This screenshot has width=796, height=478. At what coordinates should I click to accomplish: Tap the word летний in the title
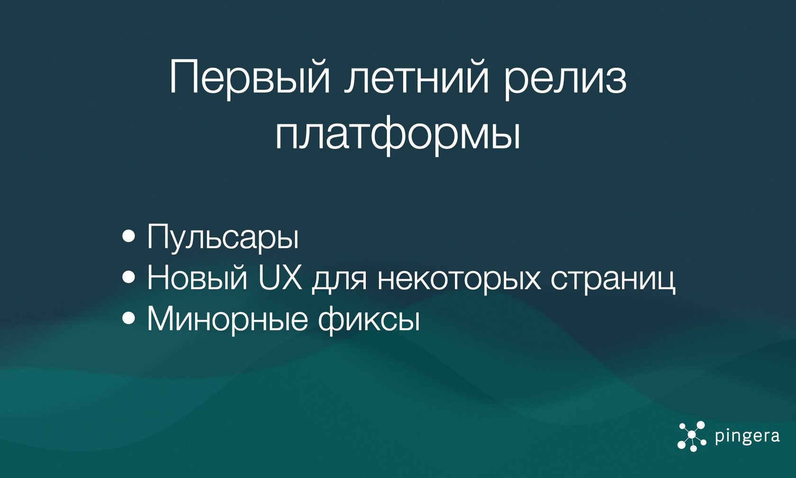(x=416, y=77)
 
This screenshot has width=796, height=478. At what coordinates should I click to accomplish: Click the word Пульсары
(x=223, y=237)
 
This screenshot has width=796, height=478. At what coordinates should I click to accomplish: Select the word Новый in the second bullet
(x=197, y=278)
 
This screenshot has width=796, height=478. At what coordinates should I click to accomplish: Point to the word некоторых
(x=459, y=278)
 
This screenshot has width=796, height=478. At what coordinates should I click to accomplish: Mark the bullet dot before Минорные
(x=128, y=319)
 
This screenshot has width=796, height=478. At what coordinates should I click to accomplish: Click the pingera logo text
(x=747, y=436)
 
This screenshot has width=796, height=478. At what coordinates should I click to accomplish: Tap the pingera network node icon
(x=692, y=435)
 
